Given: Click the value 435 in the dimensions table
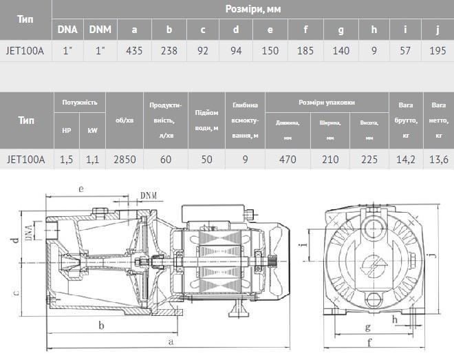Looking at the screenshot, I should tap(135, 50).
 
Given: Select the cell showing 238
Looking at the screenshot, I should tap(169, 50).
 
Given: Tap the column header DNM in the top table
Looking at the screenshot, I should tap(101, 29).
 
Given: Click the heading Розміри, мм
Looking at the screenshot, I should tap(252, 9).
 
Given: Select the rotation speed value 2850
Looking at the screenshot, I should tap(125, 159).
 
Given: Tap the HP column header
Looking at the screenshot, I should tap(67, 129).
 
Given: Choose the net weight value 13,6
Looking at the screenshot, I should tap(437, 159).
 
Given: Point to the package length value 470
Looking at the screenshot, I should tap(288, 159).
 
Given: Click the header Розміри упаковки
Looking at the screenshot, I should tap(326, 102).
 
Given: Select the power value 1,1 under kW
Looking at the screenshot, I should tap(92, 159).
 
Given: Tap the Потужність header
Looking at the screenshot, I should tap(79, 102).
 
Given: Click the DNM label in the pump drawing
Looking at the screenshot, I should tap(149, 195).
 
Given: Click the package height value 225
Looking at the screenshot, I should tap(369, 159).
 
